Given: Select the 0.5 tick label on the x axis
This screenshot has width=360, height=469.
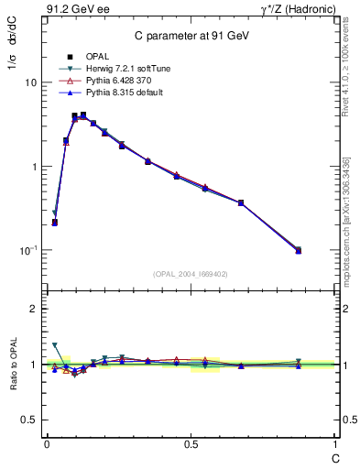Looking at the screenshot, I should pos(191,443).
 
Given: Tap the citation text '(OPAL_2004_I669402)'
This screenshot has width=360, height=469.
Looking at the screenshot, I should pos(190,273).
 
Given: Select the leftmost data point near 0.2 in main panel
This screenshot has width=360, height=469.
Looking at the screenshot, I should pos(55,222).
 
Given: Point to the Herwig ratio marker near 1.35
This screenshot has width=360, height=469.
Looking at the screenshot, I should pos(55,345).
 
